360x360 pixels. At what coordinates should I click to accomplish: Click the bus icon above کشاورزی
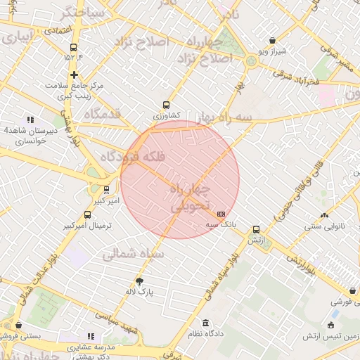point(166,104)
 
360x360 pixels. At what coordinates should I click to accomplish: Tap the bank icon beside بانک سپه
point(221,214)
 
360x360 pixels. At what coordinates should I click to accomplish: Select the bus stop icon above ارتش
point(256,229)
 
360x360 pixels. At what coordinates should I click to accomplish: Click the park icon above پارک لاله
point(139,281)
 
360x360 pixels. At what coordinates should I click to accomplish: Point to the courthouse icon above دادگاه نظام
point(205,325)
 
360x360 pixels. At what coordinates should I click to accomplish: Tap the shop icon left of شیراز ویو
point(272,41)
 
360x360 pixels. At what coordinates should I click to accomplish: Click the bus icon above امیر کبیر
point(106,190)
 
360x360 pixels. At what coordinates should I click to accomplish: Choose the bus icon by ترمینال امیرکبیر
point(87,214)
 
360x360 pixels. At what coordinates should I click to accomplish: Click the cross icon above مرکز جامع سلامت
point(74,74)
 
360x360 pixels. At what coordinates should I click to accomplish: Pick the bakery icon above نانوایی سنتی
point(324,216)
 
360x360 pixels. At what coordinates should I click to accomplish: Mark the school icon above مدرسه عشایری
point(90,337)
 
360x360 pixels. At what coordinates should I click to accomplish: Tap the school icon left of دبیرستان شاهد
point(30,120)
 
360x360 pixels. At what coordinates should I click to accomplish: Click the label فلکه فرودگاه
point(134,157)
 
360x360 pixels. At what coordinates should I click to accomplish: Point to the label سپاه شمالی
point(134,253)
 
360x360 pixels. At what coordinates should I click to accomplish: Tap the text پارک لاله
point(141,290)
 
